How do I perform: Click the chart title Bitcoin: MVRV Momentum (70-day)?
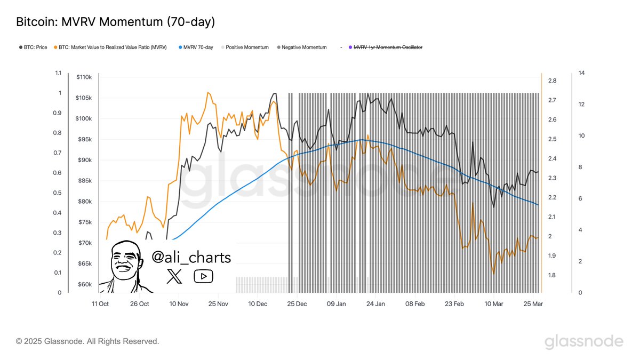point(115,22)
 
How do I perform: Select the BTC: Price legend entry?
point(33,47)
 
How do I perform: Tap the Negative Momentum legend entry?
point(301,47)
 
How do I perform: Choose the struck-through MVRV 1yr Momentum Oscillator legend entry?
point(384,47)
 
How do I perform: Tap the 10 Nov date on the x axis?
point(179,303)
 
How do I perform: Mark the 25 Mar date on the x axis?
point(533,303)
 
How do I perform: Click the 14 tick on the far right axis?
point(581,73)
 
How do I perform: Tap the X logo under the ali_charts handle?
point(174,276)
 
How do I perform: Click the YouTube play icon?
point(203,276)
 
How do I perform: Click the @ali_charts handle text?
point(191,258)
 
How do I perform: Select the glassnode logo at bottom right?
point(583,341)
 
